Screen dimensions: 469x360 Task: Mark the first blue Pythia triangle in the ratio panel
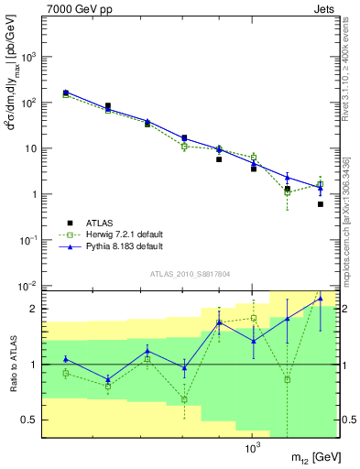[66, 358]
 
